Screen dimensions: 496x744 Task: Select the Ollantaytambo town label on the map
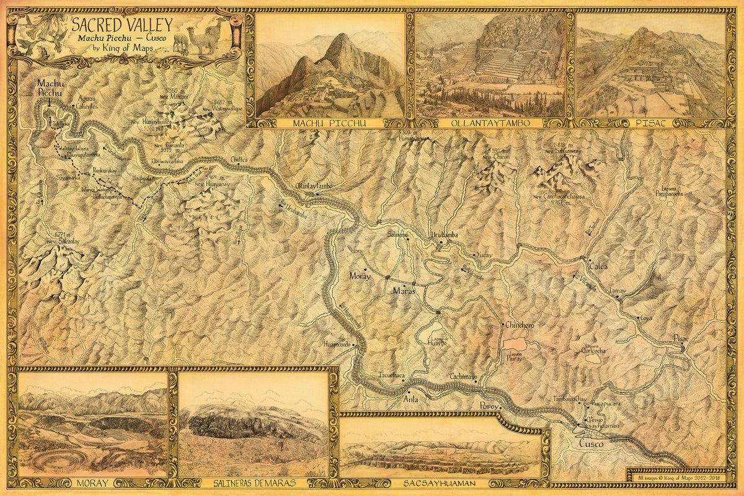point(314,185)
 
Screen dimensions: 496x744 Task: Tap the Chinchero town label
point(520,325)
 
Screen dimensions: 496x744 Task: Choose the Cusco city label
point(590,444)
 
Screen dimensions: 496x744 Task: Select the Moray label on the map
point(360,276)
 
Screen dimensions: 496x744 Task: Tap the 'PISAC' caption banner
point(650,123)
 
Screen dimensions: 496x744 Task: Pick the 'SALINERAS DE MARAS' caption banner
point(253,482)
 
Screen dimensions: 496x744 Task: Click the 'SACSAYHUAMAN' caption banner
point(440,482)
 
